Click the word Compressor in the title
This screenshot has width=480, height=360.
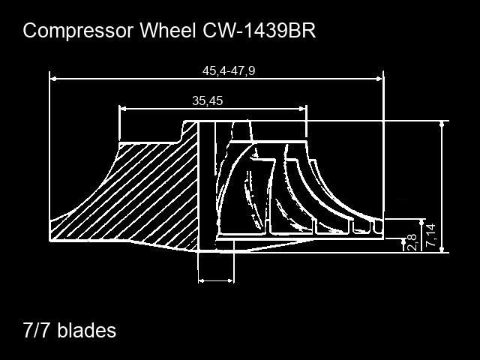coord(78,31)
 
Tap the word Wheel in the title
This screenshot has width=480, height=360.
coord(168,30)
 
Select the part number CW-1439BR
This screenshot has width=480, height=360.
coord(259,30)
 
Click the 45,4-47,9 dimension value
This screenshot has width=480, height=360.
coord(229,70)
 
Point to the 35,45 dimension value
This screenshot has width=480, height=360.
coord(208,100)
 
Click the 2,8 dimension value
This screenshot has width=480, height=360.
coord(412,241)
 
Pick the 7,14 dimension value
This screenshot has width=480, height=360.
coord(430,235)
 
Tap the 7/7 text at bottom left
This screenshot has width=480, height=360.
coord(36,330)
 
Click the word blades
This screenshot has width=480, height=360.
coord(87,330)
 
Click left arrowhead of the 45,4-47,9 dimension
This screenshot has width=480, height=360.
coord(53,79)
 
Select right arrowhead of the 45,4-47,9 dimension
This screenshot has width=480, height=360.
coord(379,79)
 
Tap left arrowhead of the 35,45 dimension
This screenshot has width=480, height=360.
coord(122,109)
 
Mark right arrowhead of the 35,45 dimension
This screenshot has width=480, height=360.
coord(303,109)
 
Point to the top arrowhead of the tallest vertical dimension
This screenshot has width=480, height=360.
coord(442,124)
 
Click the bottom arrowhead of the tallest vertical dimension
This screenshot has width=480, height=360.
coord(442,249)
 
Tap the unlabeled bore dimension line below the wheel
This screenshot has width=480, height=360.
coord(216,280)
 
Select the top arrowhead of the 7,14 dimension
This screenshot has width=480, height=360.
coord(422,222)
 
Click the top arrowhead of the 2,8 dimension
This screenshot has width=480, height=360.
coord(403,241)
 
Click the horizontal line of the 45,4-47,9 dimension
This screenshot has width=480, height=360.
coord(216,79)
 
